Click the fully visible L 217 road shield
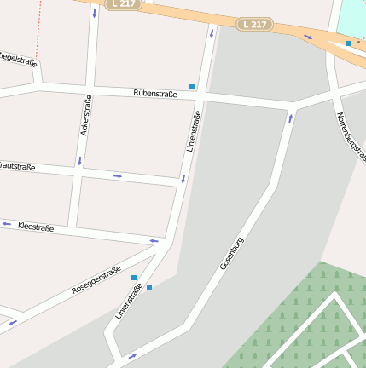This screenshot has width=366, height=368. click(x=253, y=24)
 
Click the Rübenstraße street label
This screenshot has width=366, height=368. click(x=155, y=94)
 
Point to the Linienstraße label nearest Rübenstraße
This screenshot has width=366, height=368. click(x=193, y=131)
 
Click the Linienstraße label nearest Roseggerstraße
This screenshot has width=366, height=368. click(x=129, y=302)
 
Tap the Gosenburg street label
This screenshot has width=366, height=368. click(x=232, y=253)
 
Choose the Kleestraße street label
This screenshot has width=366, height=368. click(x=36, y=227)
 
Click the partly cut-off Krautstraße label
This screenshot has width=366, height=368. click(x=17, y=167)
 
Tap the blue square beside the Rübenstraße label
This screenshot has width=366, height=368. click(x=193, y=87)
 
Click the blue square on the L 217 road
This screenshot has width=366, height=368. click(x=348, y=43)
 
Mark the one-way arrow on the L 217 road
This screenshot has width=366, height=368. click(x=308, y=37)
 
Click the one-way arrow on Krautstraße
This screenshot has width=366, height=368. click(x=118, y=176)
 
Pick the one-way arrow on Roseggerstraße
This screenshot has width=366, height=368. click(x=13, y=323)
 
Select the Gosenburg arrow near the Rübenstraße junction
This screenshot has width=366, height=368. click(x=290, y=118)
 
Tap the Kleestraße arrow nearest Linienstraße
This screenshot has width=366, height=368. click(x=154, y=241)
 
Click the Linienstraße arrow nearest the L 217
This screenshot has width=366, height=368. click(x=212, y=34)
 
